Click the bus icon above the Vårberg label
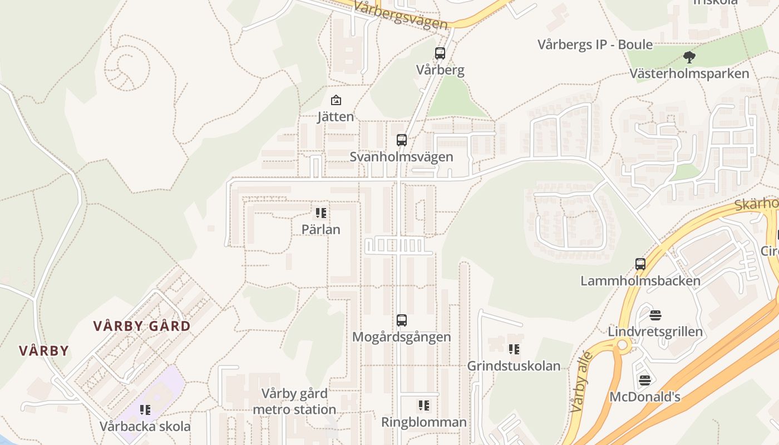click(x=440, y=53)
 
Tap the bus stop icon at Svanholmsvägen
click(x=402, y=140)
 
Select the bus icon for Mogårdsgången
click(x=402, y=320)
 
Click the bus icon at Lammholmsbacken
click(x=640, y=264)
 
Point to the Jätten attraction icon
click(x=336, y=101)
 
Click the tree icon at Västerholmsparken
click(x=689, y=57)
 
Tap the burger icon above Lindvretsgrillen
click(x=655, y=315)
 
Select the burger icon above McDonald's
click(x=645, y=380)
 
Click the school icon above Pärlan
click(x=321, y=212)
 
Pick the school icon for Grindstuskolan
click(x=514, y=349)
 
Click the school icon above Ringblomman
click(x=424, y=406)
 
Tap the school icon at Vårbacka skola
click(x=145, y=410)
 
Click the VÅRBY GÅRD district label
click(x=142, y=326)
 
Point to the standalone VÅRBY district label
click(x=44, y=351)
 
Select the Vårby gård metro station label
click(x=294, y=402)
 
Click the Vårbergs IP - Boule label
click(x=595, y=44)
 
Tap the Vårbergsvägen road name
click(x=401, y=16)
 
